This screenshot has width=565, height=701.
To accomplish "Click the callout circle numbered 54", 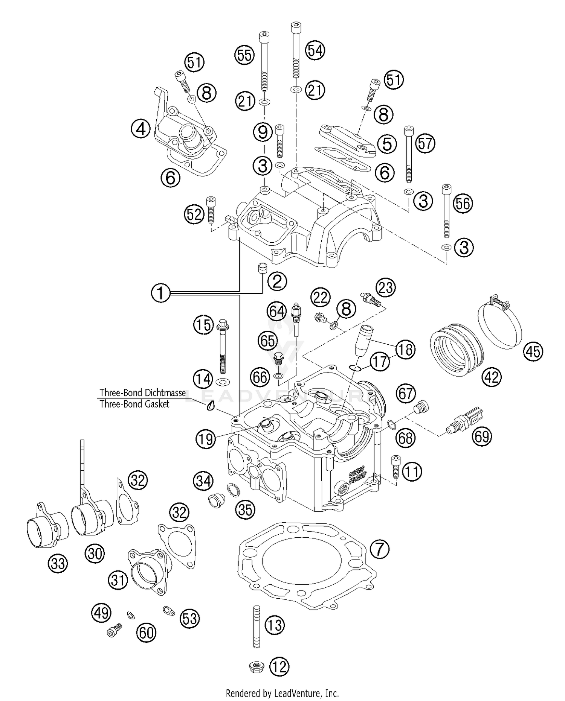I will click(x=315, y=50).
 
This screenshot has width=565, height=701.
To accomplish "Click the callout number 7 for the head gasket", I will click(x=379, y=549).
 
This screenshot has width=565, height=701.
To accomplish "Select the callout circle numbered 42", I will click(x=492, y=377).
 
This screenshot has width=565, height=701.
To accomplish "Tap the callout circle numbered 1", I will click(x=161, y=293).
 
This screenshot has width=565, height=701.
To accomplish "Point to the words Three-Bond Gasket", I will click(x=134, y=404).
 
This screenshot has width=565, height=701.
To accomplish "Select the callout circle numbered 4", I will click(x=140, y=129).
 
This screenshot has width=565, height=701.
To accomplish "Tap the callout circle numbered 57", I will click(x=425, y=144).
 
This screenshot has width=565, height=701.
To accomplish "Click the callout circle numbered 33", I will click(x=58, y=564).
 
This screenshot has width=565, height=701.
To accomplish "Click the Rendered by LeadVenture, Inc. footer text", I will click(x=282, y=693).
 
